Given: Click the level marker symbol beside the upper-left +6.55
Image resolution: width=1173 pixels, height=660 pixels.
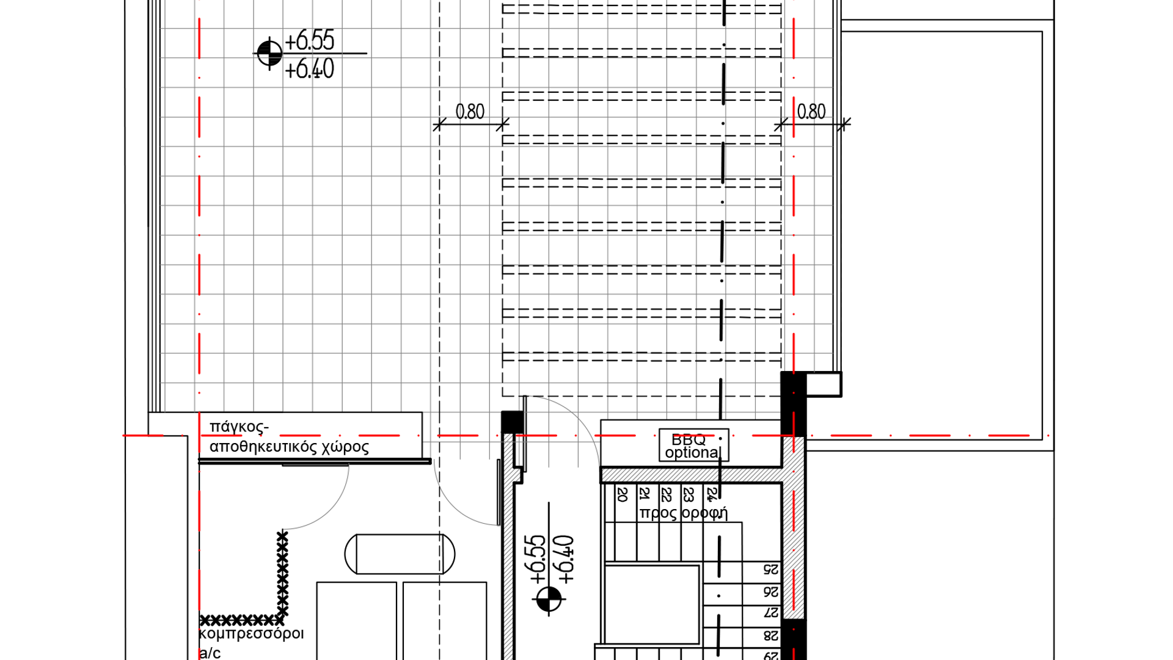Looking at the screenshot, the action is click(x=269, y=53).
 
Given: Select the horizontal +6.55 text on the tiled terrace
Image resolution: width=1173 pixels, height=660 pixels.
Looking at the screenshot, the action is click(x=310, y=41).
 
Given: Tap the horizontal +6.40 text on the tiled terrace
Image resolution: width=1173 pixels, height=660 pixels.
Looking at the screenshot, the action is click(x=310, y=68).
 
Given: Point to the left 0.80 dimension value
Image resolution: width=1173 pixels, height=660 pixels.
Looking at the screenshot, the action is click(x=470, y=111).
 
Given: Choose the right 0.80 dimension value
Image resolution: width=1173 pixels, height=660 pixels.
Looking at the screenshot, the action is click(x=811, y=111).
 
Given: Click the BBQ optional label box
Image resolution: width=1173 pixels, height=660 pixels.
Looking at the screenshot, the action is click(x=693, y=445).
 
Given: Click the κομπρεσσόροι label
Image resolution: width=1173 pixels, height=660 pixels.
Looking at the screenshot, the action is click(x=251, y=634).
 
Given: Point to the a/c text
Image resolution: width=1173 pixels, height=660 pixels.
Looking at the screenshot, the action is click(x=210, y=653).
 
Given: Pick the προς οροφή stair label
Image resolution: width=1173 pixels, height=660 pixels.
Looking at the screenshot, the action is click(x=683, y=513).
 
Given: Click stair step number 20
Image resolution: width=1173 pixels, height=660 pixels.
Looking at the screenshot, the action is click(x=623, y=494).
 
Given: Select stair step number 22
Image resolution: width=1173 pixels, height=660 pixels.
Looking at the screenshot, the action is click(x=667, y=494).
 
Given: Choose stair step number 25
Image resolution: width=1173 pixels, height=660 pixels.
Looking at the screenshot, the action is click(x=771, y=570).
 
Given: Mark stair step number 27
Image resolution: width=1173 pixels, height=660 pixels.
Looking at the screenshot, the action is click(x=771, y=612).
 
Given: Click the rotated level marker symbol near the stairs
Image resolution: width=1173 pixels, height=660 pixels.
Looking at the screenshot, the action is click(x=548, y=599).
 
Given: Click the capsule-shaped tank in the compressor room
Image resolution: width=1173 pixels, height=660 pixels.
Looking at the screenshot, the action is click(x=400, y=554).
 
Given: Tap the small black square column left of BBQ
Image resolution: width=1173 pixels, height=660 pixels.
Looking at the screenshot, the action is click(x=512, y=421).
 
